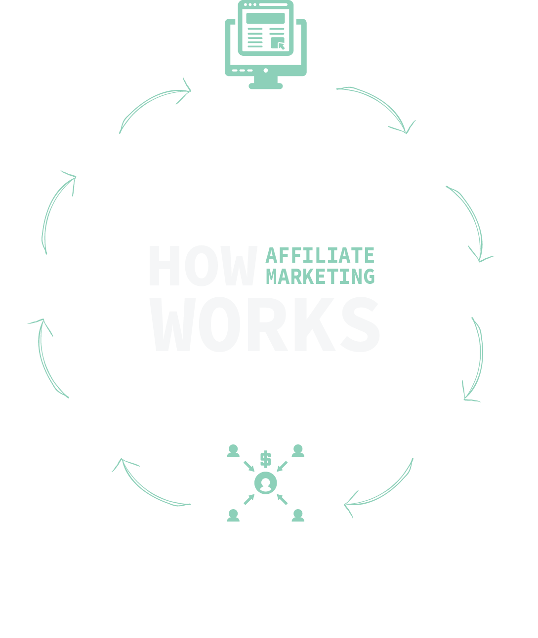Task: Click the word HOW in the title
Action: (203, 266)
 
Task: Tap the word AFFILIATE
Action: (320, 256)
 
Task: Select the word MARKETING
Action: (320, 277)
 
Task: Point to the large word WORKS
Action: (265, 324)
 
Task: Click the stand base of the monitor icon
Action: (266, 86)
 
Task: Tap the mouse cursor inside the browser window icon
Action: (281, 46)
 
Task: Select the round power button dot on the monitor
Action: (266, 71)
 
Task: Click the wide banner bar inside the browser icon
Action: (265, 18)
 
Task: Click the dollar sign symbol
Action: (266, 459)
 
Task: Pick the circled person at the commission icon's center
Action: (266, 483)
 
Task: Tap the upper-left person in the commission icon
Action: (233, 451)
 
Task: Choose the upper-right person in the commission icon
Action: (298, 451)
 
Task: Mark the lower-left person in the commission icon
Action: (233, 516)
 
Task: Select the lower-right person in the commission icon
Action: (298, 516)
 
